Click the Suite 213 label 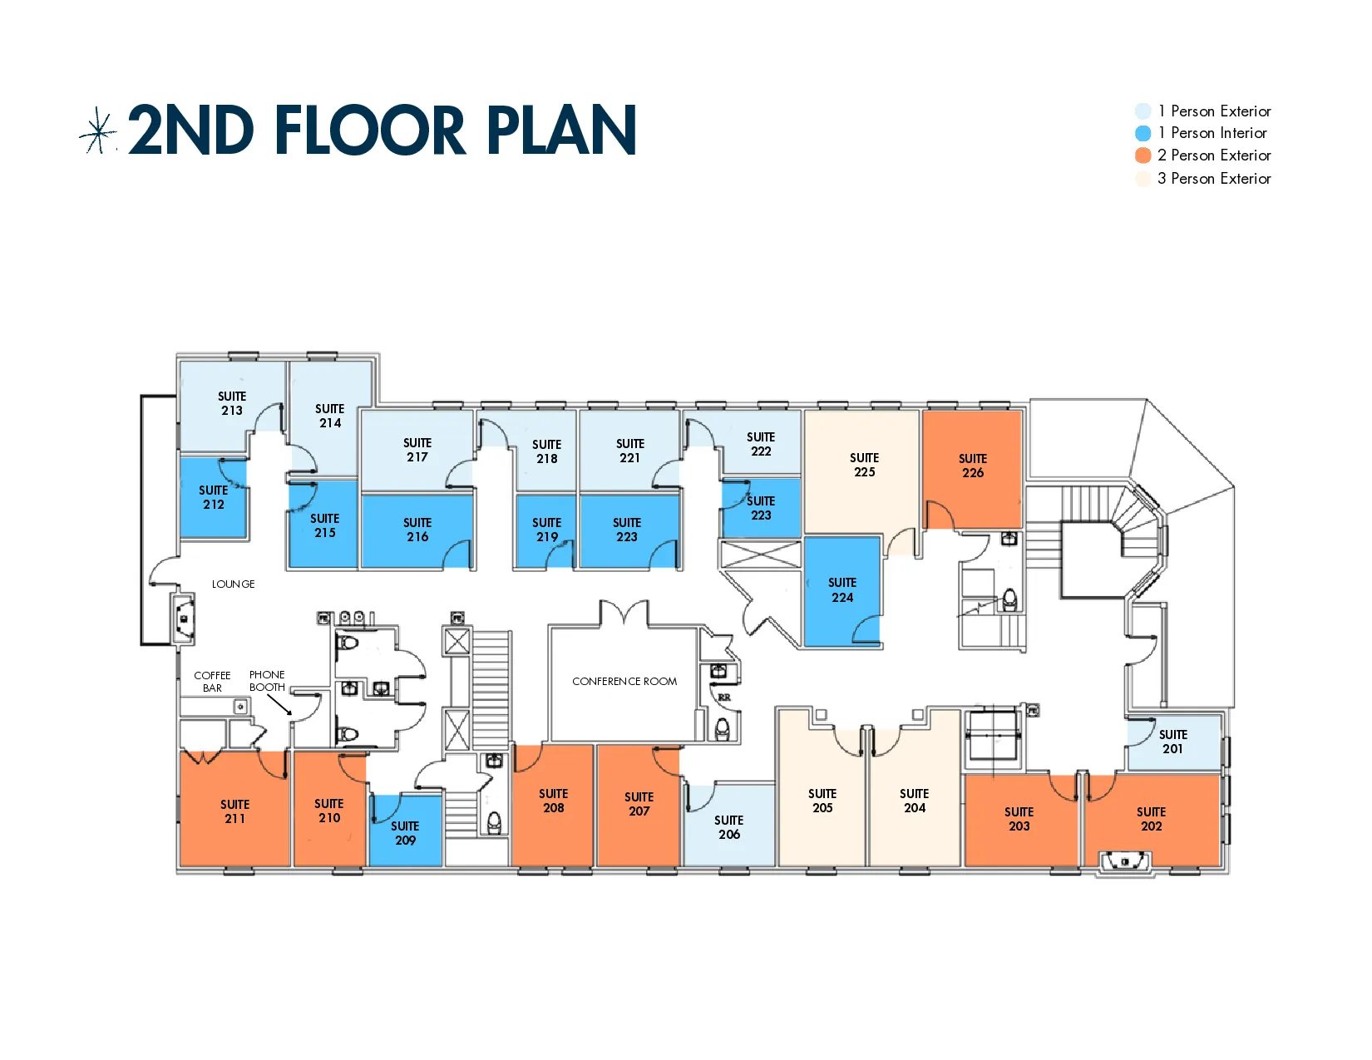(232, 403)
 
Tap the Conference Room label (624, 682)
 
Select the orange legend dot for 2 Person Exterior (1143, 155)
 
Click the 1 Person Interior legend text (1212, 133)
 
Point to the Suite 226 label (973, 466)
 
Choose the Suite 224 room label (842, 590)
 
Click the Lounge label (233, 584)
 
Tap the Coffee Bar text (212, 682)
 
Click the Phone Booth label (267, 681)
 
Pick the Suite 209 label (405, 833)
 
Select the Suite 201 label (1172, 742)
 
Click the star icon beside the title (99, 131)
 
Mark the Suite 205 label (822, 801)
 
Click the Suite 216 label (417, 530)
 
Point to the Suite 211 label (235, 811)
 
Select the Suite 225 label (864, 465)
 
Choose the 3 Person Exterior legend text (1214, 179)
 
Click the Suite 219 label (546, 530)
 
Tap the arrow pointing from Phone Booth (279, 704)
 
